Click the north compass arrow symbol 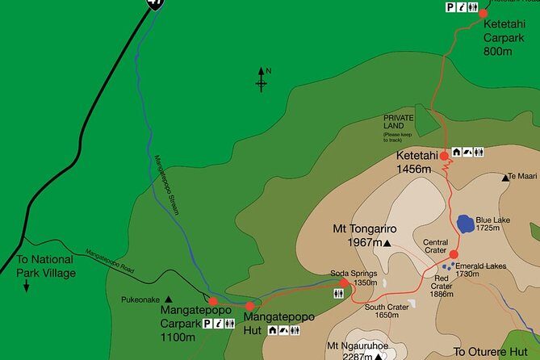pyautogui.click(x=262, y=79)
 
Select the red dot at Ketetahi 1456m pyautogui.click(x=444, y=156)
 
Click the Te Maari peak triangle pyautogui.click(x=506, y=177)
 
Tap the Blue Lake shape pyautogui.click(x=465, y=223)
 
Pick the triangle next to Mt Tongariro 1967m pyautogui.click(x=387, y=242)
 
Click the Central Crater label pyautogui.click(x=437, y=245)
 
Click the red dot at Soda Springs pyautogui.click(x=345, y=283)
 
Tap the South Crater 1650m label pyautogui.click(x=383, y=310)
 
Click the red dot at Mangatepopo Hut pyautogui.click(x=250, y=306)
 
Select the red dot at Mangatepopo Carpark pyautogui.click(x=213, y=301)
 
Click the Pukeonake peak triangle pyautogui.click(x=170, y=298)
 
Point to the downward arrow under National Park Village pyautogui.click(x=26, y=286)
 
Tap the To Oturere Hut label pyautogui.click(x=490, y=352)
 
